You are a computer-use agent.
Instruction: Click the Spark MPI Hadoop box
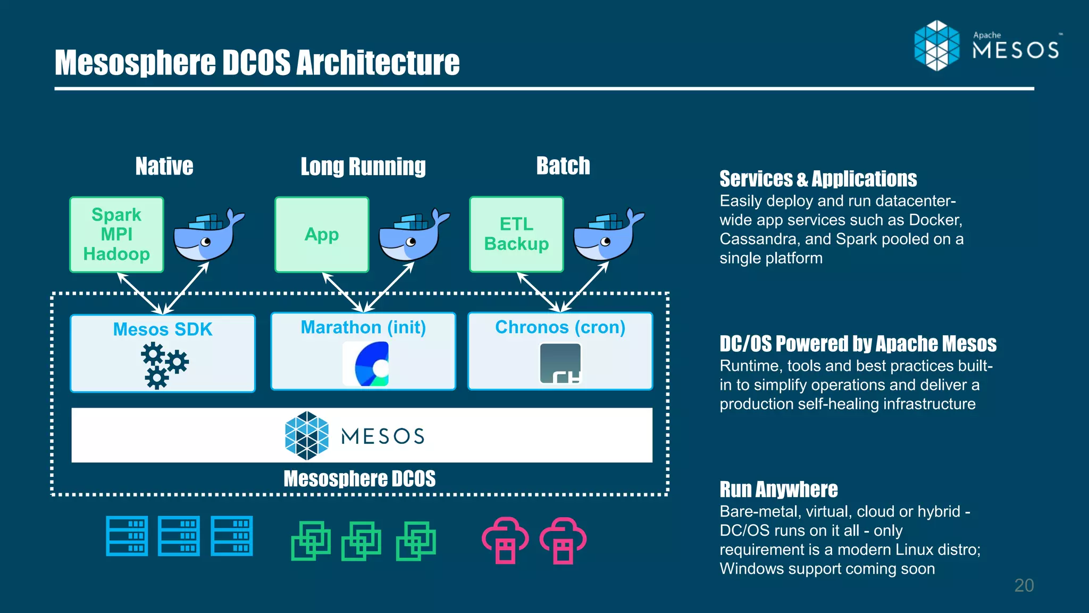[x=116, y=235]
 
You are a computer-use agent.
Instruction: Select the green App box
[x=322, y=235]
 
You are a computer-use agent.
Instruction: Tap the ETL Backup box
[x=516, y=234]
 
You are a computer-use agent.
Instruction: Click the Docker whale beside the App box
[x=412, y=235]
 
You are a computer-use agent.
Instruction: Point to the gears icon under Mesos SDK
[x=164, y=365]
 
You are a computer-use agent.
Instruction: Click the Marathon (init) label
[x=363, y=327]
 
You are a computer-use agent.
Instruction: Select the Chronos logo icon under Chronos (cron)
[x=560, y=363]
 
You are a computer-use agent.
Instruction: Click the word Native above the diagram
[x=164, y=166]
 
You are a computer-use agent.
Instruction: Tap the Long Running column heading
[x=363, y=167]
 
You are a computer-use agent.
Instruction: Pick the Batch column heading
[x=563, y=165]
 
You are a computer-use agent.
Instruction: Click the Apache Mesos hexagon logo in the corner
[x=937, y=46]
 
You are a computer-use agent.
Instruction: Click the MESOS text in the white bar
[x=382, y=436]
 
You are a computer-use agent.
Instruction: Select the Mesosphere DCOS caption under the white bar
[x=359, y=478]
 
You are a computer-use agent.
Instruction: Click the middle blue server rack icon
[x=179, y=536]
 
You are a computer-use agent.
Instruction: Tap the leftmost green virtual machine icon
[x=311, y=541]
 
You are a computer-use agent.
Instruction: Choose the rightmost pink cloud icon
[x=563, y=540]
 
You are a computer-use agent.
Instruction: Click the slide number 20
[x=1024, y=585]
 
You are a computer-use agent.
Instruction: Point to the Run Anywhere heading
[x=778, y=489]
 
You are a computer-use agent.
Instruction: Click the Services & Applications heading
[x=818, y=179]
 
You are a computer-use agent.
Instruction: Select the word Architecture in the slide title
[x=378, y=63]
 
